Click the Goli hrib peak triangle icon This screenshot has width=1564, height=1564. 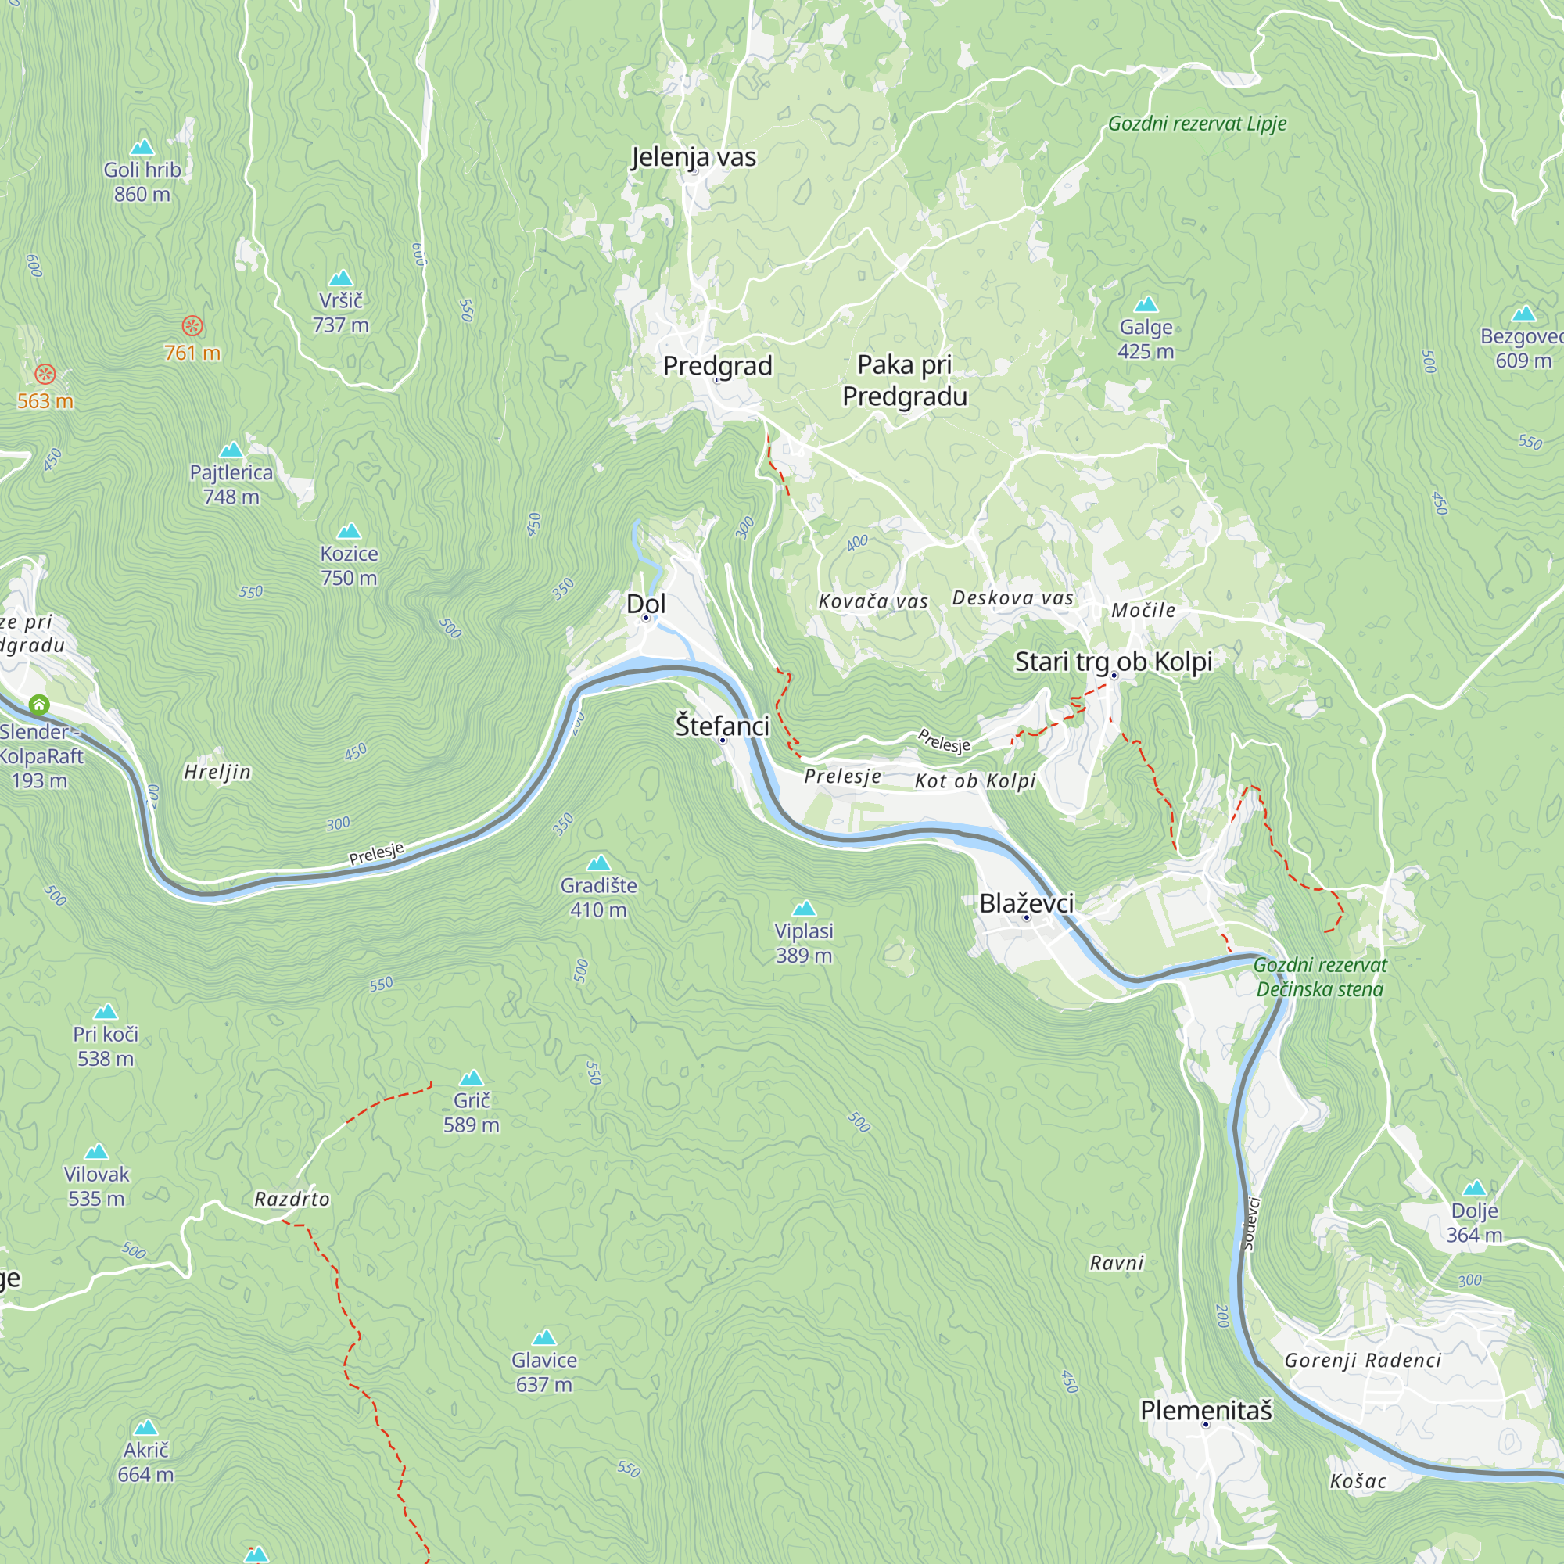(142, 147)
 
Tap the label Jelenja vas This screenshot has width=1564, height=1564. (693, 156)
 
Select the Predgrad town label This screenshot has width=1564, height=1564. (717, 365)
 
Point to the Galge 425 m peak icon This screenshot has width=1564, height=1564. (1146, 305)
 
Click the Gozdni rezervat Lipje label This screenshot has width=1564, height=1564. (1196, 124)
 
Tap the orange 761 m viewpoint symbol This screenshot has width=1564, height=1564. (192, 326)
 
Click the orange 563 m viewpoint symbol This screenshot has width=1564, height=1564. (45, 374)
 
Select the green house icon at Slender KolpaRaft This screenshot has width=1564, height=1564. (39, 705)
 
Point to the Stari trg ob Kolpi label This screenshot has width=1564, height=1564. (1113, 662)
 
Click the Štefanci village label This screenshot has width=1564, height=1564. (722, 726)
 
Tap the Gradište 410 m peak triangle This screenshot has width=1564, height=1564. (598, 863)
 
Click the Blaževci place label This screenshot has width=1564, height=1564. (1027, 903)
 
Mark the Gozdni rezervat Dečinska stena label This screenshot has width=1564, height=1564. (1319, 977)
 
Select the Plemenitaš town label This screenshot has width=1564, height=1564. (1205, 1411)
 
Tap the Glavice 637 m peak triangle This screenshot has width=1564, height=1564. (544, 1337)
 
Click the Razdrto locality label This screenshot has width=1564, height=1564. (292, 1199)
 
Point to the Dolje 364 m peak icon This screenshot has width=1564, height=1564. (1474, 1189)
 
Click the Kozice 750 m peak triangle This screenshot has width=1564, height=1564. (349, 531)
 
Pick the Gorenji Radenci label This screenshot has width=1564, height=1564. (1362, 1361)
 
